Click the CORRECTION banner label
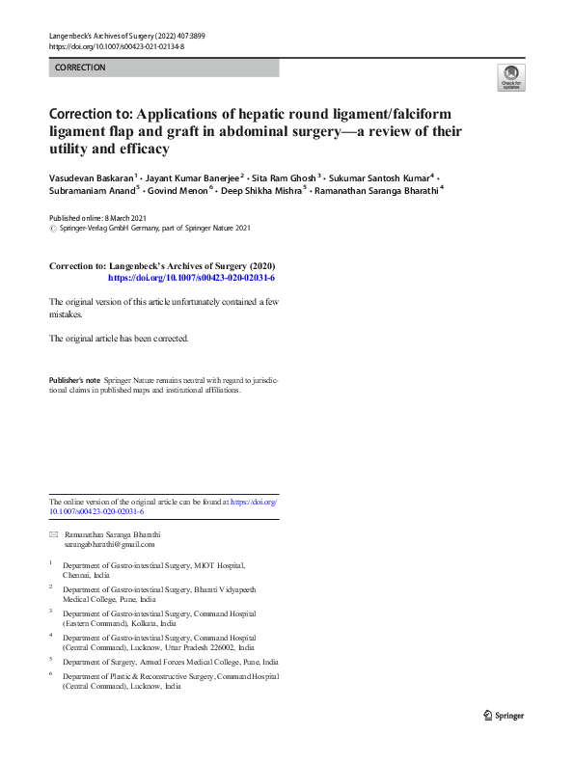point(80,68)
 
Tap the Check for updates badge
point(510,77)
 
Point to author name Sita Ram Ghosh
point(284,178)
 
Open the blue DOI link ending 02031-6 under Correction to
point(192,277)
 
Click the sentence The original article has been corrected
point(119,339)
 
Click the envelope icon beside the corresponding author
point(53,534)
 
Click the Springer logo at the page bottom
point(505,715)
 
